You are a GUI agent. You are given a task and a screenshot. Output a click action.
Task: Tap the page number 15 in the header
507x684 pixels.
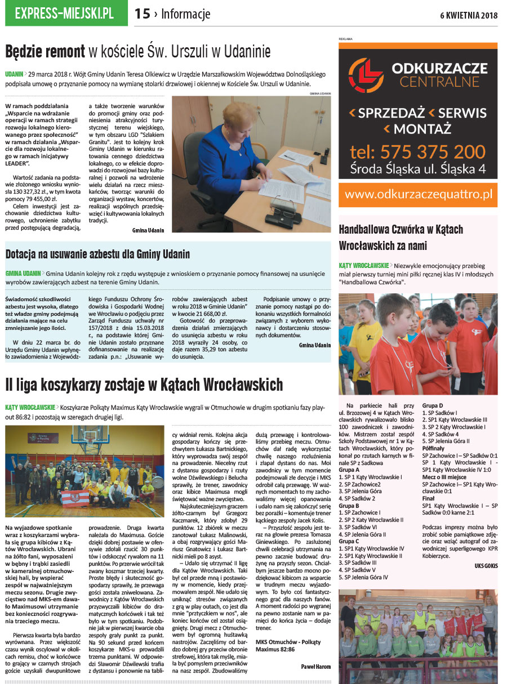(x=143, y=14)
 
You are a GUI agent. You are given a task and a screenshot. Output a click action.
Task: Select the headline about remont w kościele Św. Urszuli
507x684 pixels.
(x=138, y=52)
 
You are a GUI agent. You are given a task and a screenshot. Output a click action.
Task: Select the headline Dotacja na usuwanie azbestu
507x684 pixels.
(x=97, y=254)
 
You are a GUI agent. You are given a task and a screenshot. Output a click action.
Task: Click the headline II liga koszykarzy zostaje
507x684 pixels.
(x=144, y=385)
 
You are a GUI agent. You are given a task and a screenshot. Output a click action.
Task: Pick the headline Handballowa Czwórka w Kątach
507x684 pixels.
(x=401, y=237)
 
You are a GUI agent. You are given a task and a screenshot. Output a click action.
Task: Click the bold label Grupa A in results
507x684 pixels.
(x=349, y=470)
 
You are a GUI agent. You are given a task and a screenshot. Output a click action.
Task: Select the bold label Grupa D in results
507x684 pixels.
(x=433, y=405)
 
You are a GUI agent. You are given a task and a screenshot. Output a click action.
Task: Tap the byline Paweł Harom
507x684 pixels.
(x=315, y=667)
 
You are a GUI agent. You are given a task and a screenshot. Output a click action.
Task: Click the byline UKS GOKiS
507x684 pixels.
(x=486, y=566)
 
